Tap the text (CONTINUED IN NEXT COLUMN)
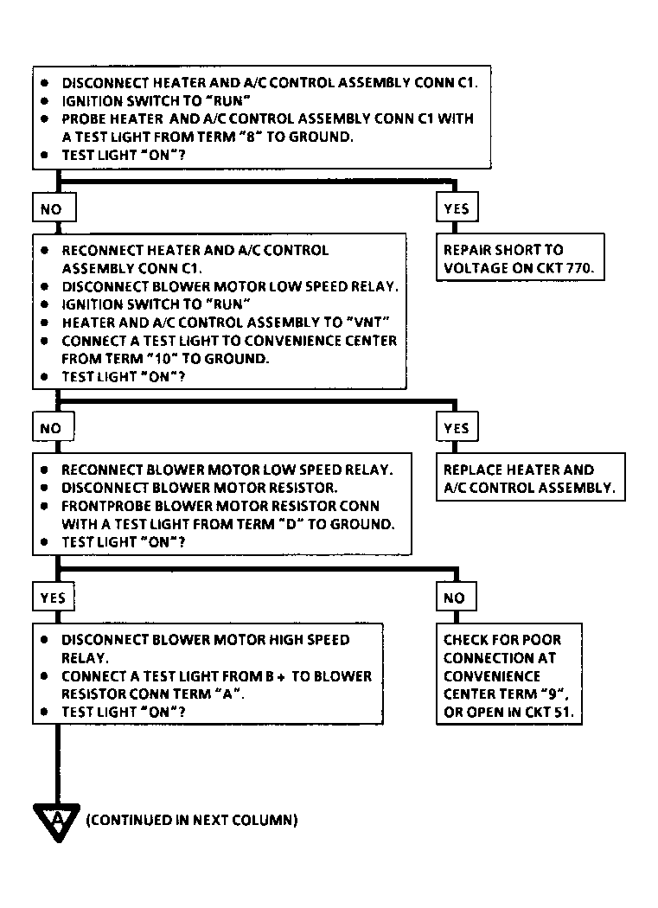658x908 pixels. [192, 820]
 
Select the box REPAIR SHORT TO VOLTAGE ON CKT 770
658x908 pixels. [521, 258]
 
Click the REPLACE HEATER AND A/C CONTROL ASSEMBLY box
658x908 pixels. [531, 477]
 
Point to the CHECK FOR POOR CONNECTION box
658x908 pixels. [509, 675]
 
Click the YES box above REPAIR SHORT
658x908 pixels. [457, 208]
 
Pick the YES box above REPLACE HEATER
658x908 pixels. [457, 427]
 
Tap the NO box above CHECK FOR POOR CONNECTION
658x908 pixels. [457, 597]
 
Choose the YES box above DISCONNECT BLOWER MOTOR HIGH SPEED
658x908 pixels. [54, 597]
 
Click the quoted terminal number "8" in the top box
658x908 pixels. [250, 137]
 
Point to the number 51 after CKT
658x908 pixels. [562, 712]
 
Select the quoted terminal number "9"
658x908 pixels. [553, 694]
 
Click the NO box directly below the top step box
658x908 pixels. [54, 208]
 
